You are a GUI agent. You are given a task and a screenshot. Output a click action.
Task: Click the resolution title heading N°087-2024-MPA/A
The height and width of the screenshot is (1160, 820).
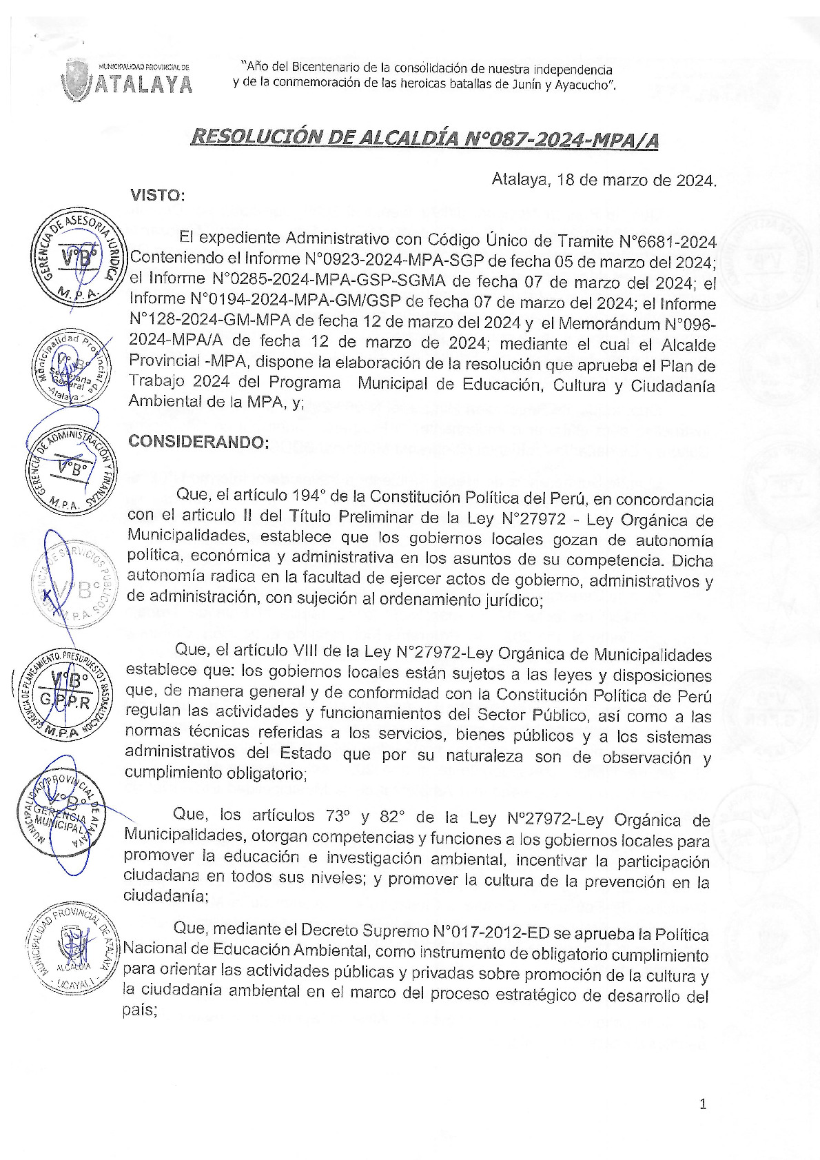point(424,139)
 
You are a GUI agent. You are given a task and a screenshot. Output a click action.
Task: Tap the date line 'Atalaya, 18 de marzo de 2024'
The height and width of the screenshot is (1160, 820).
point(604,181)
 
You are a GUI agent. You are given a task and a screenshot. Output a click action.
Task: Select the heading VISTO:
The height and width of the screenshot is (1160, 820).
point(158,195)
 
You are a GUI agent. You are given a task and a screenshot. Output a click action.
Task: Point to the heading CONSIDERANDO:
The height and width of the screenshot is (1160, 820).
point(198,442)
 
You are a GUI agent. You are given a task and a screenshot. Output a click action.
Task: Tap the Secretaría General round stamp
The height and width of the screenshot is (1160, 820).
point(68,367)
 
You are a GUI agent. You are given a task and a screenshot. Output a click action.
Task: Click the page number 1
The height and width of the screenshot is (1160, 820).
point(703,1104)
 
